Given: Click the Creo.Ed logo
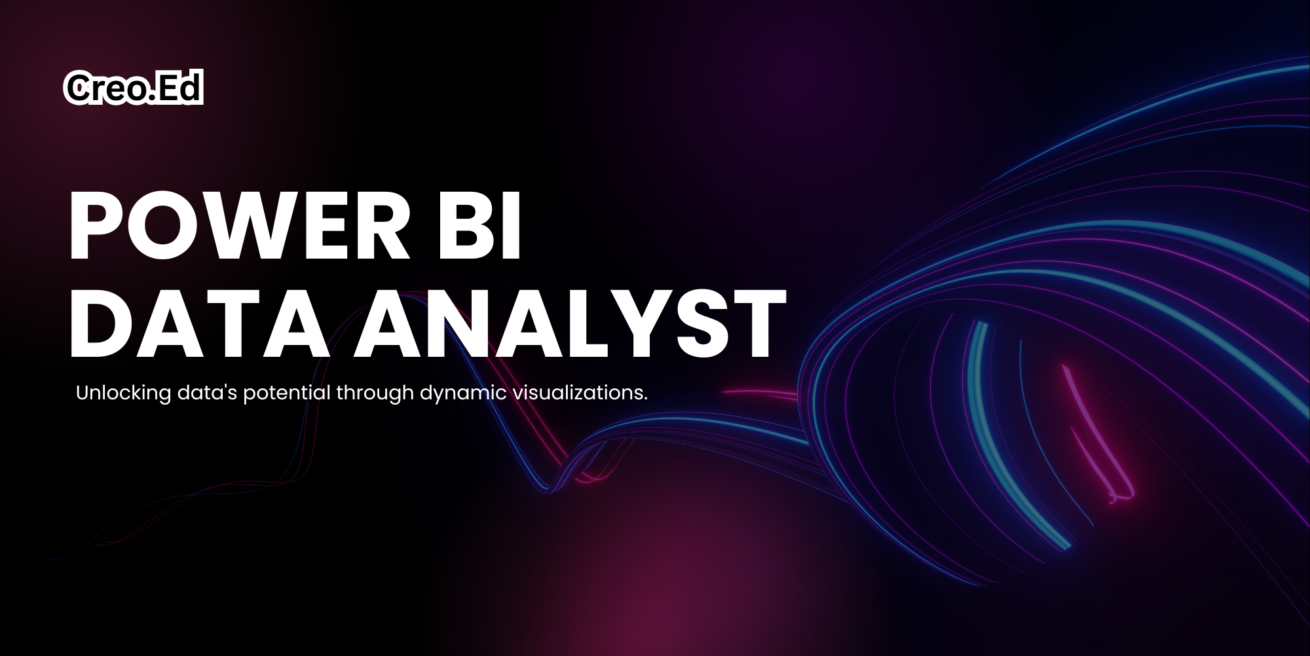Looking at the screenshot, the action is [x=134, y=88].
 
